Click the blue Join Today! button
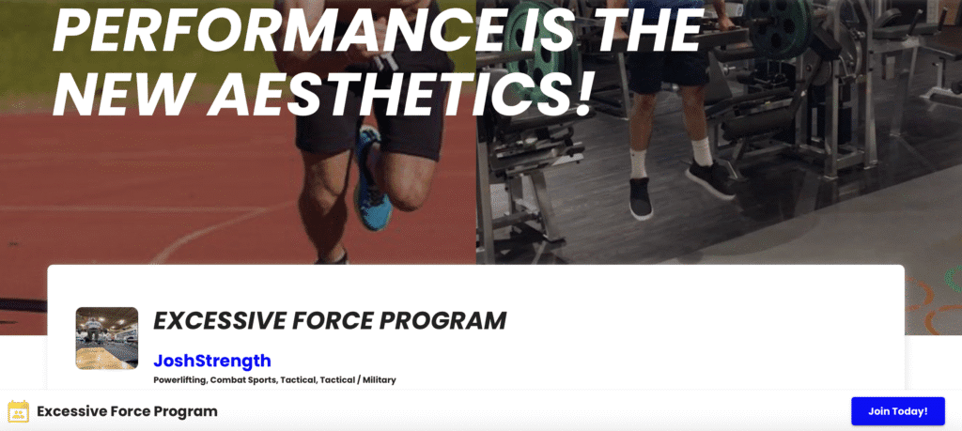897,410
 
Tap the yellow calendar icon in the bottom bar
18,410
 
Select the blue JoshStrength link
211,361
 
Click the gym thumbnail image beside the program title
107,338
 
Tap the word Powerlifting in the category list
180,380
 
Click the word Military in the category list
380,380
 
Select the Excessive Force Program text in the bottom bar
127,411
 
